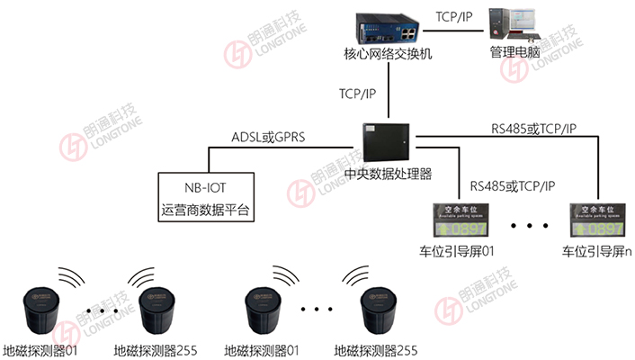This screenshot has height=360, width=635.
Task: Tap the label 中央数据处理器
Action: (389, 174)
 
